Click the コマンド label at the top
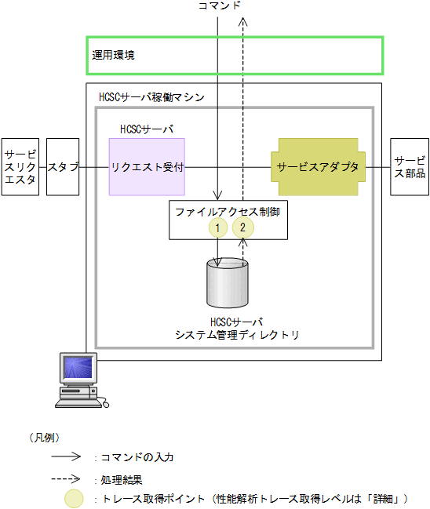pos(220,6)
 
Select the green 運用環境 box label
pos(114,56)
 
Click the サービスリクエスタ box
pos(20,167)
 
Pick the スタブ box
pos(63,167)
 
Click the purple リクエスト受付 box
pos(147,167)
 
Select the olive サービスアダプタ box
pos(317,167)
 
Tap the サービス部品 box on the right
pos(410,167)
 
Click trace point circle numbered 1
pos(217,227)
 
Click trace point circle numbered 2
pos(243,227)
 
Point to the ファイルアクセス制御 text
pos(228,212)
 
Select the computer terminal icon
pos(80,380)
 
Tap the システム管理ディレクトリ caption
pos(237,335)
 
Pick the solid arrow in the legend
pos(67,456)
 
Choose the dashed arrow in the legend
pos(67,477)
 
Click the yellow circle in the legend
pos(75,498)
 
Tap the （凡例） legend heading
pos(46,437)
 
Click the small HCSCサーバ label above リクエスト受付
pos(147,129)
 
